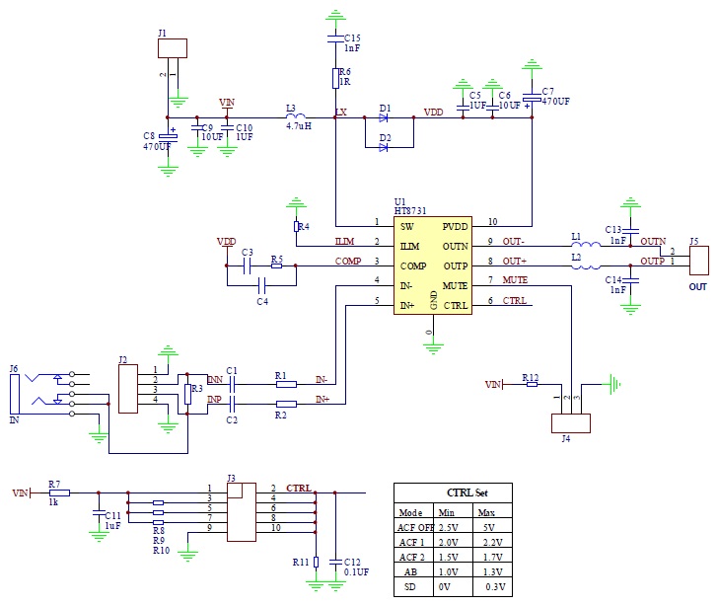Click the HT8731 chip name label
(411, 210)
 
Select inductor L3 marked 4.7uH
(294, 115)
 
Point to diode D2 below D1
(384, 148)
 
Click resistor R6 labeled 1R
(335, 78)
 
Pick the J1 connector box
(173, 47)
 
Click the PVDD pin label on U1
(455, 226)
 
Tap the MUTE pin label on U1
(455, 285)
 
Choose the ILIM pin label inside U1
(409, 246)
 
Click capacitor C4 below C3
(261, 285)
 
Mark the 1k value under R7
(55, 502)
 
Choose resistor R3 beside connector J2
(187, 395)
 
